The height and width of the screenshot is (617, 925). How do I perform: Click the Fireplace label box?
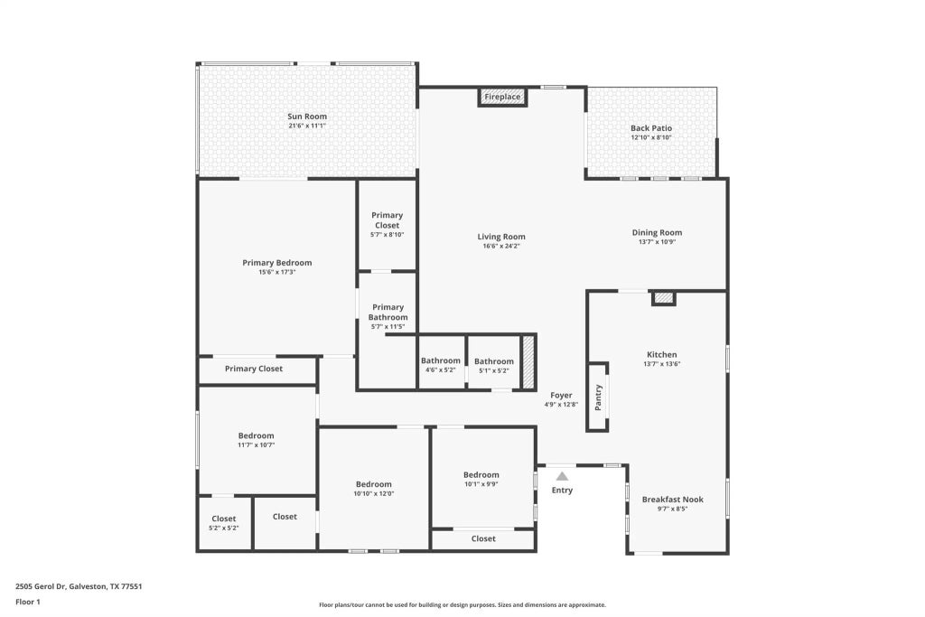502,97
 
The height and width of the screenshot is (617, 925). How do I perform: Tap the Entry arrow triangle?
562,476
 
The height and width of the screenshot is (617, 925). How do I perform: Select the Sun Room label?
307,117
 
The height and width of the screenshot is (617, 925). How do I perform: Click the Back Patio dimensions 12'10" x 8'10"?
651,137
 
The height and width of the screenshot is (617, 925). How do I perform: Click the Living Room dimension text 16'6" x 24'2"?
501,246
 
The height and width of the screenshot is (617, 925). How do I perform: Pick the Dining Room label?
657,232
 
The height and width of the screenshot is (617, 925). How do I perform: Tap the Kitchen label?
661,355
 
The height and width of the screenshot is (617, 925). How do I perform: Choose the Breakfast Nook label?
672,500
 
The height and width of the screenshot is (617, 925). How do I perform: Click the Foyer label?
561,395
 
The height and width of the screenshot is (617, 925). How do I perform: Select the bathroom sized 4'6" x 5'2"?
440,365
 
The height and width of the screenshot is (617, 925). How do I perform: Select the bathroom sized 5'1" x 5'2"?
494,365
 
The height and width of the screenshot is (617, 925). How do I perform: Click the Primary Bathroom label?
388,313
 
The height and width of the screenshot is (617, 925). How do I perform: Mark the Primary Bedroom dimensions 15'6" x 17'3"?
277,272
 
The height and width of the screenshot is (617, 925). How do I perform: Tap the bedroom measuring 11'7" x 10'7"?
256,440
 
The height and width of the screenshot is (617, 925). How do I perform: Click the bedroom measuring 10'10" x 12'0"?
373,489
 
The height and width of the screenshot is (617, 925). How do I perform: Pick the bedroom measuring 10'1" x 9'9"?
481,479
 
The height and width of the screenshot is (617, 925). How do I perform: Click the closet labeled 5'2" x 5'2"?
224,523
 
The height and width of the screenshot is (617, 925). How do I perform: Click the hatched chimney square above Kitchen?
664,297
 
